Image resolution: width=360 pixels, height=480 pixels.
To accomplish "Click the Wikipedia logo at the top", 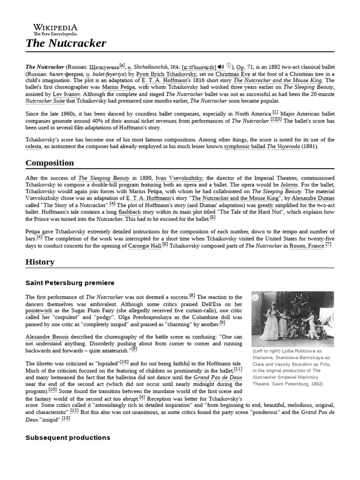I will pos(55,29).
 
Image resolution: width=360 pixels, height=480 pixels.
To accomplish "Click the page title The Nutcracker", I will pos(66,44).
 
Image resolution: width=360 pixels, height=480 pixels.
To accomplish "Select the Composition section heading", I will pos(49,163).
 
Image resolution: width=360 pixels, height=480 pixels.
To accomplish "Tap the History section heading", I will pos(40,262).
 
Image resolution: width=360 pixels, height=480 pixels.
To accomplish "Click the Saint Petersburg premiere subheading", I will pos(70,283).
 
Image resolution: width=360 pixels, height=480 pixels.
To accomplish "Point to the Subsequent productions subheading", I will pos(67,437).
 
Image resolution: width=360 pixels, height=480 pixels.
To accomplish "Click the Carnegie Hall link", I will pos(144,245).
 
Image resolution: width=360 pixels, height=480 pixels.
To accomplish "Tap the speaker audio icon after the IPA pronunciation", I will pos(221,67).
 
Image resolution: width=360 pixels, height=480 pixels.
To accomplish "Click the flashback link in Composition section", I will pos(129,212).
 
